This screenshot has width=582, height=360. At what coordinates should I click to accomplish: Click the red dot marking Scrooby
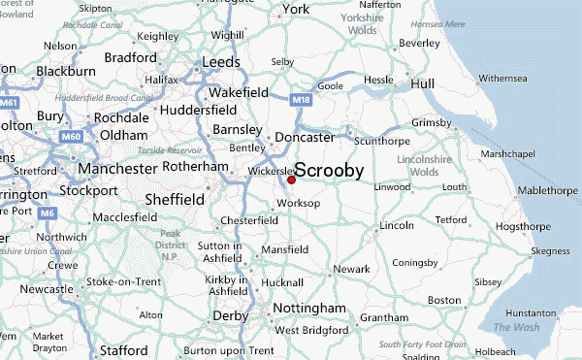[291, 180]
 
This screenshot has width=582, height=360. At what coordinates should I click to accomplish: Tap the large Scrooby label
[329, 170]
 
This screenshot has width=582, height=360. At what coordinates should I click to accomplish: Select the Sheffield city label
[174, 199]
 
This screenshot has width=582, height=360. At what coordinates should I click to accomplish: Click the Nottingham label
[309, 309]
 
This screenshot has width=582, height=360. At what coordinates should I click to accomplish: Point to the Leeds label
[220, 62]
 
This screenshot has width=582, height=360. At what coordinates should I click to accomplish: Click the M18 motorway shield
[302, 98]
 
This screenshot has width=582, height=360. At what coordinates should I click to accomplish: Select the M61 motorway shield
[10, 101]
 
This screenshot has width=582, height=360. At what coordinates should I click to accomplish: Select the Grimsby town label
[432, 123]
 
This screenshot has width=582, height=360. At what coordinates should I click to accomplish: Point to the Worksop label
[297, 204]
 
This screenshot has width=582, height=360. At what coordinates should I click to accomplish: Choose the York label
[295, 10]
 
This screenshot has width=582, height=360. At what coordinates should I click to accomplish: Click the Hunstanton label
[532, 313]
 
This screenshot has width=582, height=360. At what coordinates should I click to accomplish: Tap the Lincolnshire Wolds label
[426, 165]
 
